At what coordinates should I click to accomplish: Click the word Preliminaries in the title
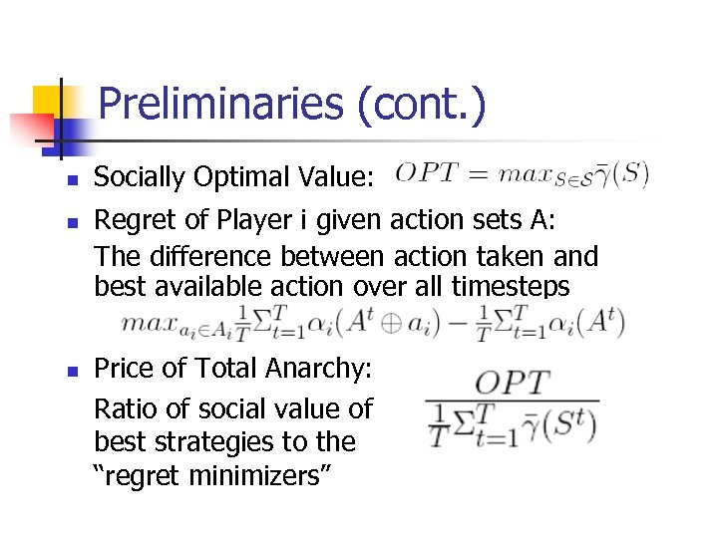(x=226, y=105)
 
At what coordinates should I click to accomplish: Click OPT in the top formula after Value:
(x=426, y=174)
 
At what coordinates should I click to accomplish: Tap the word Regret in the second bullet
(x=132, y=219)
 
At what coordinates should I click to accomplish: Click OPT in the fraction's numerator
(x=512, y=383)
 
